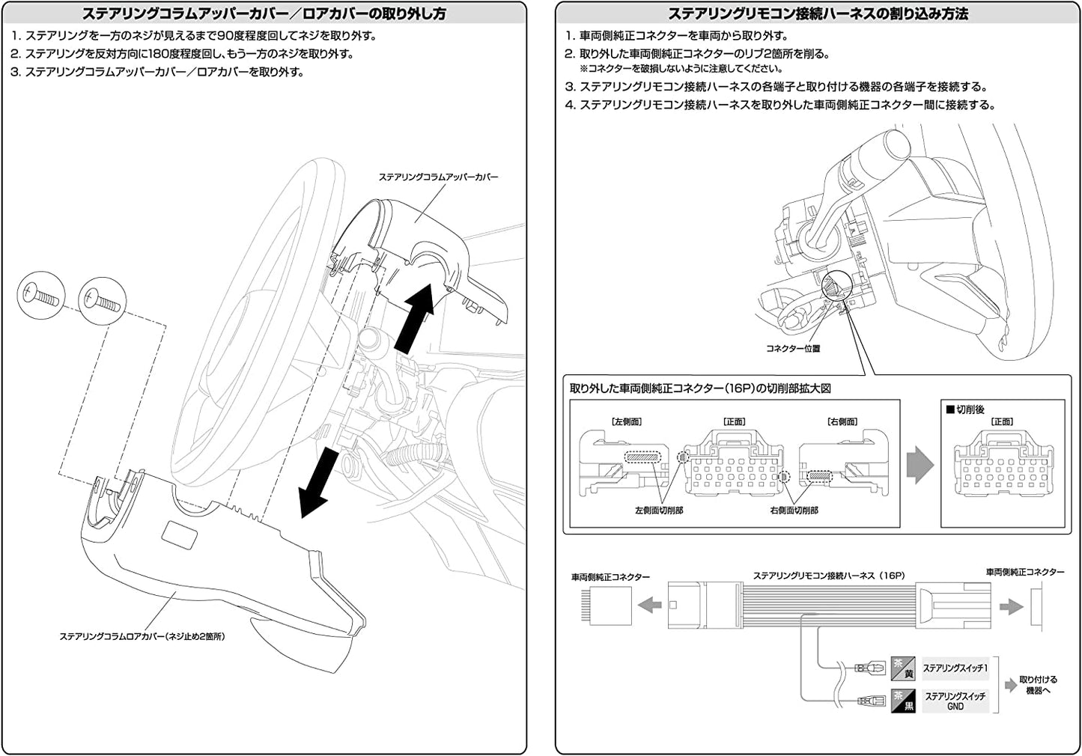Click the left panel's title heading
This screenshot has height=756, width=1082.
pyautogui.click(x=264, y=13)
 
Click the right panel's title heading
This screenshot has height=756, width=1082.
pyautogui.click(x=818, y=13)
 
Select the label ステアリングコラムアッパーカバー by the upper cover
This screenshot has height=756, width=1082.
pyautogui.click(x=438, y=177)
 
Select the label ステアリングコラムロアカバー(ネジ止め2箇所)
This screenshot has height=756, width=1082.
pyautogui.click(x=142, y=636)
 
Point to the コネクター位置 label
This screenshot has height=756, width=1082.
pyautogui.click(x=793, y=348)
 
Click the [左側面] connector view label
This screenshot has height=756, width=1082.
pyautogui.click(x=626, y=421)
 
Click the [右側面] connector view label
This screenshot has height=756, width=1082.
pyautogui.click(x=842, y=421)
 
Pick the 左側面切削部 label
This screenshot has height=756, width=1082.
pyautogui.click(x=658, y=510)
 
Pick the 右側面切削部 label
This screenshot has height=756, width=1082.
pyautogui.click(x=794, y=510)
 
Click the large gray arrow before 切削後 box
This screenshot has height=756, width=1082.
pyautogui.click(x=920, y=466)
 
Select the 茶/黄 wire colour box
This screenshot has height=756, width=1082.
pyautogui.click(x=903, y=668)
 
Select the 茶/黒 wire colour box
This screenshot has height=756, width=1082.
pyautogui.click(x=903, y=701)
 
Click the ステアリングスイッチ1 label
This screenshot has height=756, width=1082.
pyautogui.click(x=955, y=668)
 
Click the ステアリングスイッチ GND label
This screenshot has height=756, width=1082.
pyautogui.click(x=955, y=701)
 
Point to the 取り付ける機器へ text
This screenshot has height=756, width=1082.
pyautogui.click(x=1038, y=685)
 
